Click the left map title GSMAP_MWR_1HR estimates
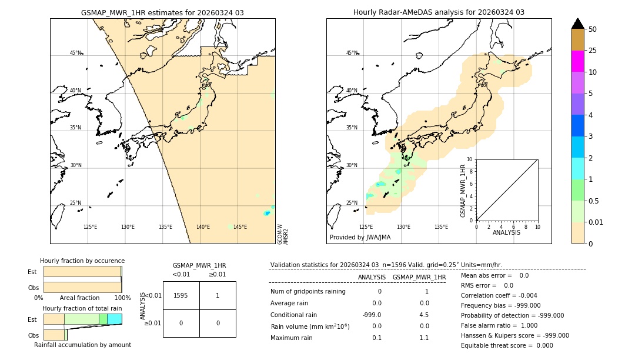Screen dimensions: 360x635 point(162,12)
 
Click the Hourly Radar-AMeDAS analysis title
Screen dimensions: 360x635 point(439,12)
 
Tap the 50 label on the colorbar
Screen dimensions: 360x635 point(593,29)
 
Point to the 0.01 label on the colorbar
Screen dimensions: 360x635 point(596,222)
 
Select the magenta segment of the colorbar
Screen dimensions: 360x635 point(578,61)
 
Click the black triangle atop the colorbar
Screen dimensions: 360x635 point(578,24)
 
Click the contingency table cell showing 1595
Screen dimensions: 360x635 point(181,295)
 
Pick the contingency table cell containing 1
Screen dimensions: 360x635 point(218,295)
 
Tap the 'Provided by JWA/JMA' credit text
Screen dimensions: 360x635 point(360,238)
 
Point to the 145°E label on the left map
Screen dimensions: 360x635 point(240,227)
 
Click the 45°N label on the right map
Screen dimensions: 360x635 point(352,53)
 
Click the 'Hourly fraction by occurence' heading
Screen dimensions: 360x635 point(82,261)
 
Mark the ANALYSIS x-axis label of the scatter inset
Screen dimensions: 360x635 point(507,232)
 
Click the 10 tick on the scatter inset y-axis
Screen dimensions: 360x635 point(469,159)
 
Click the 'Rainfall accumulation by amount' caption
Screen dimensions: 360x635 point(82,345)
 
